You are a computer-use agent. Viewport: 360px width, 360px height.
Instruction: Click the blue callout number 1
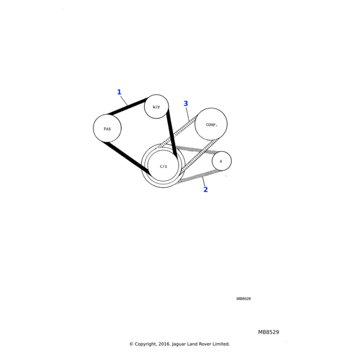(119, 92)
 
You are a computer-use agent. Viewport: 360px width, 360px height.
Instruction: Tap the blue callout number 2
(205, 190)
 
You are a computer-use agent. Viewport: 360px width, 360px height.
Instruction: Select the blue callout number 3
(186, 104)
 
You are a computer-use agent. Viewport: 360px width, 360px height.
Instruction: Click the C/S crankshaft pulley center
(163, 166)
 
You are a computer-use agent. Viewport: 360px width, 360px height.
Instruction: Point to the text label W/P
(157, 107)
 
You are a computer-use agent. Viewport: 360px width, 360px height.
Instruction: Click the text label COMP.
(211, 125)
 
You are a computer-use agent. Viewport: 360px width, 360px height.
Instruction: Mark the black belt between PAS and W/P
(128, 106)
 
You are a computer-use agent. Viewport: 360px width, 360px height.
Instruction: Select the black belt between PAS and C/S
(126, 157)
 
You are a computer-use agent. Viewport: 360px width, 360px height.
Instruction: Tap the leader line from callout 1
(124, 101)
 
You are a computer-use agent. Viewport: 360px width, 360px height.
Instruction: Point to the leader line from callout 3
(188, 114)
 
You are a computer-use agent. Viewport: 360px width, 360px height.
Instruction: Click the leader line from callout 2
(203, 181)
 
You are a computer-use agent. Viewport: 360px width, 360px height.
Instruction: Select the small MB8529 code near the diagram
(244, 299)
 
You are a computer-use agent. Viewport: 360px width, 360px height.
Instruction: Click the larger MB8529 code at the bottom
(269, 332)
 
